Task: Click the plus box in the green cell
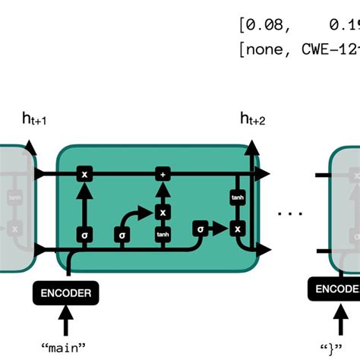[x=162, y=175]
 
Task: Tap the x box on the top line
[x=84, y=175]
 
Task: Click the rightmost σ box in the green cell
[x=200, y=229]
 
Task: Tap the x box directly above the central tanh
[x=162, y=213]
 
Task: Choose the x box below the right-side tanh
[x=237, y=229]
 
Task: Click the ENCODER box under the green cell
[x=67, y=292]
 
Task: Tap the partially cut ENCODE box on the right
[x=333, y=289]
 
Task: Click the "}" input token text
[x=333, y=347]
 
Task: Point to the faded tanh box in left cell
[x=14, y=198]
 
